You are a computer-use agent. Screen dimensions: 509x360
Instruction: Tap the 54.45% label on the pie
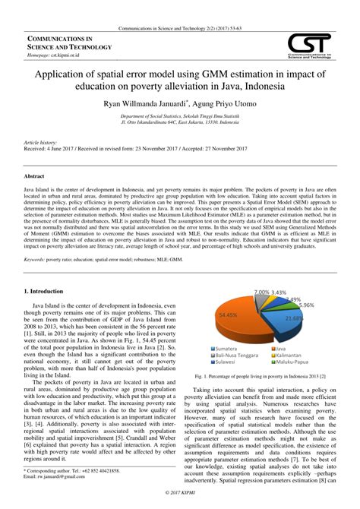click(x=229, y=314)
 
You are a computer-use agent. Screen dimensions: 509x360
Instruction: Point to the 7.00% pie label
click(x=261, y=292)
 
